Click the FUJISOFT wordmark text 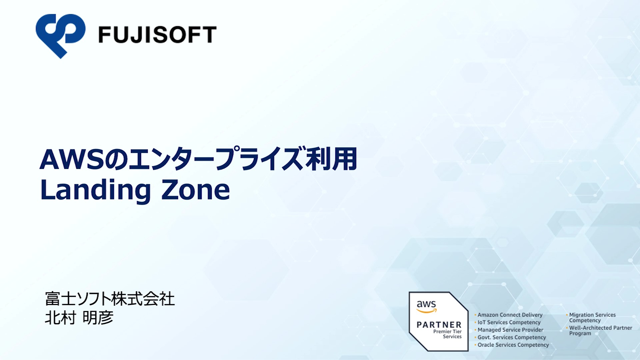point(157,35)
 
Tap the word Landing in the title point(96,190)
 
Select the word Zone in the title point(196,190)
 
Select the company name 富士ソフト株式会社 point(110,299)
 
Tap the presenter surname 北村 point(60,318)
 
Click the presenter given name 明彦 point(98,318)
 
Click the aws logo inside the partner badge point(426,306)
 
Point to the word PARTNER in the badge point(439,325)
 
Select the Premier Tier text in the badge point(447,332)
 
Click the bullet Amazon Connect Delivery point(510,315)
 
